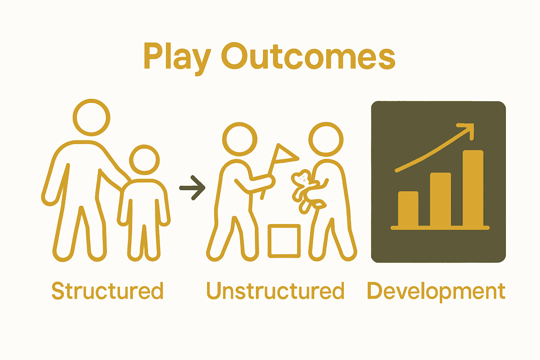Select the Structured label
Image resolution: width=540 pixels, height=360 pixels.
click(x=108, y=291)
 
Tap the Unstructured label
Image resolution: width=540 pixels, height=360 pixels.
click(x=275, y=291)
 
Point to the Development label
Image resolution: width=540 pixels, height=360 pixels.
click(x=436, y=291)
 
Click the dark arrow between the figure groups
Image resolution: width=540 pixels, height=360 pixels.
click(x=193, y=188)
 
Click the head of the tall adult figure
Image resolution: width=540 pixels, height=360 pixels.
click(x=91, y=117)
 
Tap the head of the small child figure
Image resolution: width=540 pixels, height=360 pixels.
click(x=144, y=160)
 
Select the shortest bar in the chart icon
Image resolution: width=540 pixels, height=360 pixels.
click(x=408, y=209)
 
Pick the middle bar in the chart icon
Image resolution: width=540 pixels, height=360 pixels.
click(x=440, y=199)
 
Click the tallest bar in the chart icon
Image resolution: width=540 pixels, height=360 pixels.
click(x=473, y=188)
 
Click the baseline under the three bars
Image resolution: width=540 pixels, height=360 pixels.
click(x=440, y=228)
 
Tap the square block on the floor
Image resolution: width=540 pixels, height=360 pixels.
click(x=284, y=241)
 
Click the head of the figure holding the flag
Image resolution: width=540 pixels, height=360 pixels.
click(x=239, y=140)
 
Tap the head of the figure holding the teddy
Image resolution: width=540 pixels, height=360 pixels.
click(x=326, y=139)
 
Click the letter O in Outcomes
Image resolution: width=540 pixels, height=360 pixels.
click(x=234, y=56)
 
